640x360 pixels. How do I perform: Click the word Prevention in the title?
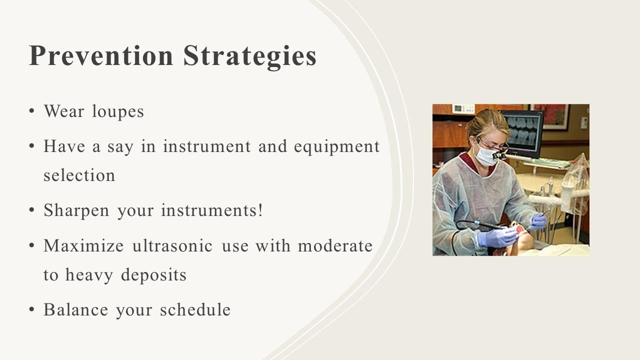pyautogui.click(x=101, y=55)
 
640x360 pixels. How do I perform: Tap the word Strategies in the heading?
pyautogui.click(x=249, y=56)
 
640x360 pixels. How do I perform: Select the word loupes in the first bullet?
pyautogui.click(x=118, y=111)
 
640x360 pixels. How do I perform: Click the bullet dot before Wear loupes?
pyautogui.click(x=31, y=111)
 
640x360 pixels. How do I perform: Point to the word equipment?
pyautogui.click(x=337, y=147)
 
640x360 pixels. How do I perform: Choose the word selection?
pyautogui.click(x=79, y=175)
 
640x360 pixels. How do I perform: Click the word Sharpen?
pyautogui.click(x=76, y=211)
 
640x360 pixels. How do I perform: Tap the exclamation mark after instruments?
pyautogui.click(x=260, y=210)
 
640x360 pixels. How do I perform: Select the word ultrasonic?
pyautogui.click(x=172, y=245)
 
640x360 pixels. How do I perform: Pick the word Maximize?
pyautogui.click(x=83, y=245)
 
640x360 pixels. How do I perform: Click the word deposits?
pyautogui.click(x=153, y=275)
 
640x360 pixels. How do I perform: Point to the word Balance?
pyautogui.click(x=75, y=309)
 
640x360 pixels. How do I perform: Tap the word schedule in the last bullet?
pyautogui.click(x=195, y=309)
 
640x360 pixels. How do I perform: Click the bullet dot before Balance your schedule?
pyautogui.click(x=31, y=309)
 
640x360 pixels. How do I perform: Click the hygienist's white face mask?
pyautogui.click(x=486, y=156)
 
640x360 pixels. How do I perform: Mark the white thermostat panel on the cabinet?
pyautogui.click(x=463, y=109)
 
